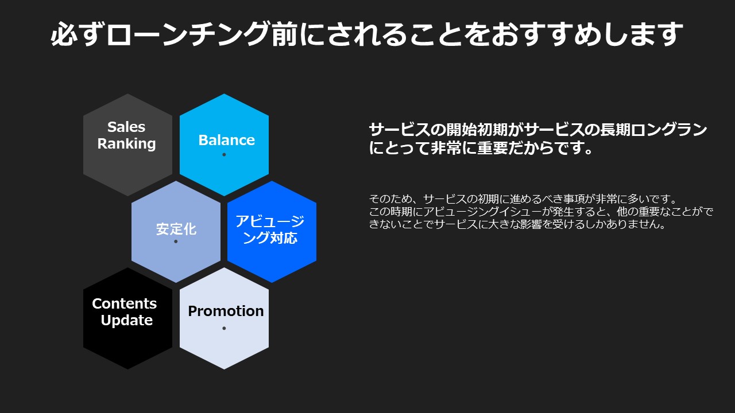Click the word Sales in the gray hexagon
point(126,127)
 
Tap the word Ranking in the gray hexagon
point(127,144)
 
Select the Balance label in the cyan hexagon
point(226,140)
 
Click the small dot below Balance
point(224,155)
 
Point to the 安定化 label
point(176,229)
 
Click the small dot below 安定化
point(176,241)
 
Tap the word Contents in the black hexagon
point(125,303)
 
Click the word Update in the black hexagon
point(127,320)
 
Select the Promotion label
point(226,311)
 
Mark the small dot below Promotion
point(224,328)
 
